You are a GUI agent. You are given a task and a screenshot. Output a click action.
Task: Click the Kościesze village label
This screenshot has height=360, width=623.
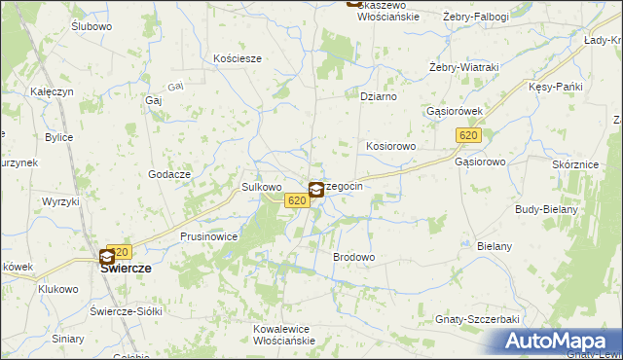click(238, 58)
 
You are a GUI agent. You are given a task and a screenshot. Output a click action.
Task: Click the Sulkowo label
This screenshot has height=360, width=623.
click(261, 186)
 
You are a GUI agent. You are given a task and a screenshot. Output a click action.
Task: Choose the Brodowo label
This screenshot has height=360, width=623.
click(354, 257)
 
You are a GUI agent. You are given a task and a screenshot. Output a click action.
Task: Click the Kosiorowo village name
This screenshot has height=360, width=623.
click(391, 146)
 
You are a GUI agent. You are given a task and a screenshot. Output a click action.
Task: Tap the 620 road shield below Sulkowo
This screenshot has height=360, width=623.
click(298, 200)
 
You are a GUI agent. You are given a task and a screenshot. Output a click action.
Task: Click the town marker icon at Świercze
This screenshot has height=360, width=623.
click(107, 258)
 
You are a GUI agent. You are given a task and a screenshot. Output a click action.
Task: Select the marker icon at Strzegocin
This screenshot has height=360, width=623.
click(317, 189)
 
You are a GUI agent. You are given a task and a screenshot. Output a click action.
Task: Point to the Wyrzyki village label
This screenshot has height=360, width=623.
click(59, 200)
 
